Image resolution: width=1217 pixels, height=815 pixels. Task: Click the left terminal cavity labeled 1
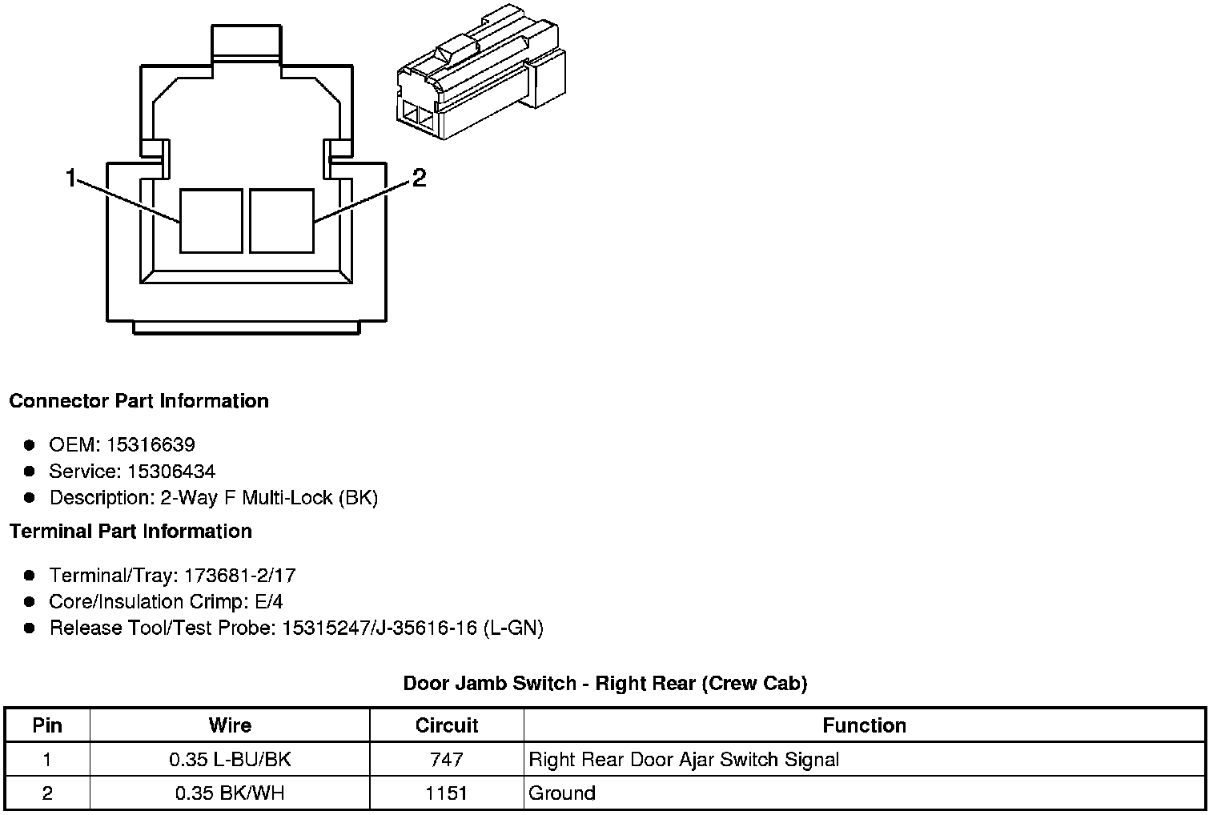(211, 221)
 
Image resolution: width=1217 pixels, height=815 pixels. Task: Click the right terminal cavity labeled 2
(282, 221)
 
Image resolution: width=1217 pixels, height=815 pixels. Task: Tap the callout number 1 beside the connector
(70, 178)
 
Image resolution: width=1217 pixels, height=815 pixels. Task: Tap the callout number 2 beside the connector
(420, 178)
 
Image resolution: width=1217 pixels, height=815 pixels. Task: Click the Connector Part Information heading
(139, 401)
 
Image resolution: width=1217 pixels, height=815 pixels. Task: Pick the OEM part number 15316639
(151, 445)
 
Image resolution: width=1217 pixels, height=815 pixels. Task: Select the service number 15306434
(171, 471)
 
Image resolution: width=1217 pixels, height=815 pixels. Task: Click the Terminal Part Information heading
(131, 532)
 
